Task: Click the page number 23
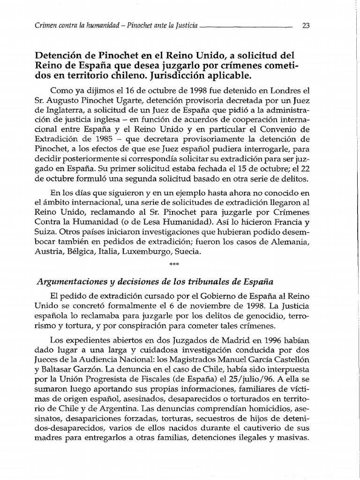(x=307, y=26)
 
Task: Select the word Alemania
(x=292, y=243)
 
